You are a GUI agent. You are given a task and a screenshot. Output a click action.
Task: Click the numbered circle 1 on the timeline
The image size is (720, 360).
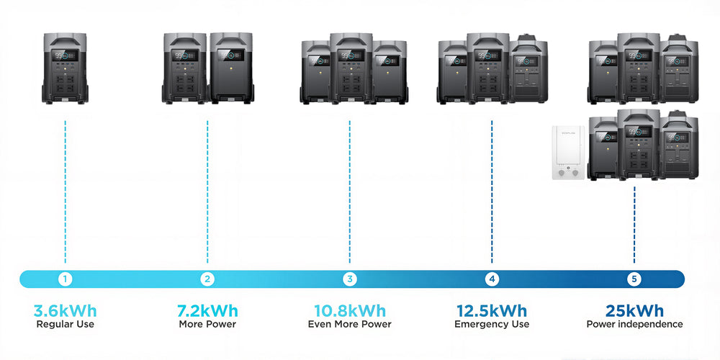tap(66, 279)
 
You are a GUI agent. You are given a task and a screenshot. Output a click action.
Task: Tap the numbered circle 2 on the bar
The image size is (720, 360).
tap(207, 279)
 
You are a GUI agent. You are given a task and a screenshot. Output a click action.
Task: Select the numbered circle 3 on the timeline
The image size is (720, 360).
tap(350, 279)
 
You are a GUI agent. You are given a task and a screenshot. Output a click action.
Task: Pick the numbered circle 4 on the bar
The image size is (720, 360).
tap(492, 279)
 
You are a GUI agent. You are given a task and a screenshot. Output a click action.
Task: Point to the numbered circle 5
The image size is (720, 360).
tap(634, 279)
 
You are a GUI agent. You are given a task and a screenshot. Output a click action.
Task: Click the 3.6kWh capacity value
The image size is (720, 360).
tap(65, 311)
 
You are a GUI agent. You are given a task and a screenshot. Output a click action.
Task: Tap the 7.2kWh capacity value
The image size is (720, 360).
tap(207, 311)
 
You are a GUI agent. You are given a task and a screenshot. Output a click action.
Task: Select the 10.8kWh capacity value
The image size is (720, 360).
tap(350, 311)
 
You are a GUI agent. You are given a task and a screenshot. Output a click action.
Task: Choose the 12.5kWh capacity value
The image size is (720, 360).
tap(492, 311)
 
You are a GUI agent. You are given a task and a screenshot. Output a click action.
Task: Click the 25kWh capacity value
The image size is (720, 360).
tap(634, 311)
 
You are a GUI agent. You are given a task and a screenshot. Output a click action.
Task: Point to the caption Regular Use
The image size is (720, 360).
tap(65, 324)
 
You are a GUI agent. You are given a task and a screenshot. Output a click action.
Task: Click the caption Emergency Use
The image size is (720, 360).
tap(492, 324)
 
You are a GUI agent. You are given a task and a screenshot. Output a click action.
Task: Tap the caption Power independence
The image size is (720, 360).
tap(634, 324)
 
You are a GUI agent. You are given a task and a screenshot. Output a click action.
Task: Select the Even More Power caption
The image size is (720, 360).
tap(350, 324)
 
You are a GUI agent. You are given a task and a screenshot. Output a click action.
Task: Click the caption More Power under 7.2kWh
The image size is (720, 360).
tap(207, 324)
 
